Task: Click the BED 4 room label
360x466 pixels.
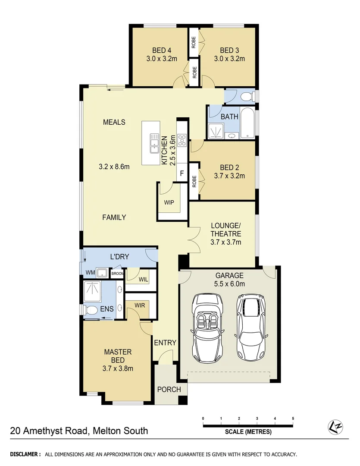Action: click(159, 50)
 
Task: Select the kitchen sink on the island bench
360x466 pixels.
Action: click(153, 143)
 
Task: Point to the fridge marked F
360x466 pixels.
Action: click(182, 174)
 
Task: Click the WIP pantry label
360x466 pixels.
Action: click(169, 202)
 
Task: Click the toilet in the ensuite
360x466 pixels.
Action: click(92, 310)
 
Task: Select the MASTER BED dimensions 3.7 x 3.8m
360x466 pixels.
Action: click(118, 368)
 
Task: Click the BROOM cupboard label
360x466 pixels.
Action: click(117, 274)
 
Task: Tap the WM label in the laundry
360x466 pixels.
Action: click(90, 273)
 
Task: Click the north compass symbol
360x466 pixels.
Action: click(335, 426)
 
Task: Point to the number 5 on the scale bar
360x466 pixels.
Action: click(293, 419)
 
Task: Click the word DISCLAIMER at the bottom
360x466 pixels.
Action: click(26, 454)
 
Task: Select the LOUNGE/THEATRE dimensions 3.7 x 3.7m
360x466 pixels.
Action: click(225, 242)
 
